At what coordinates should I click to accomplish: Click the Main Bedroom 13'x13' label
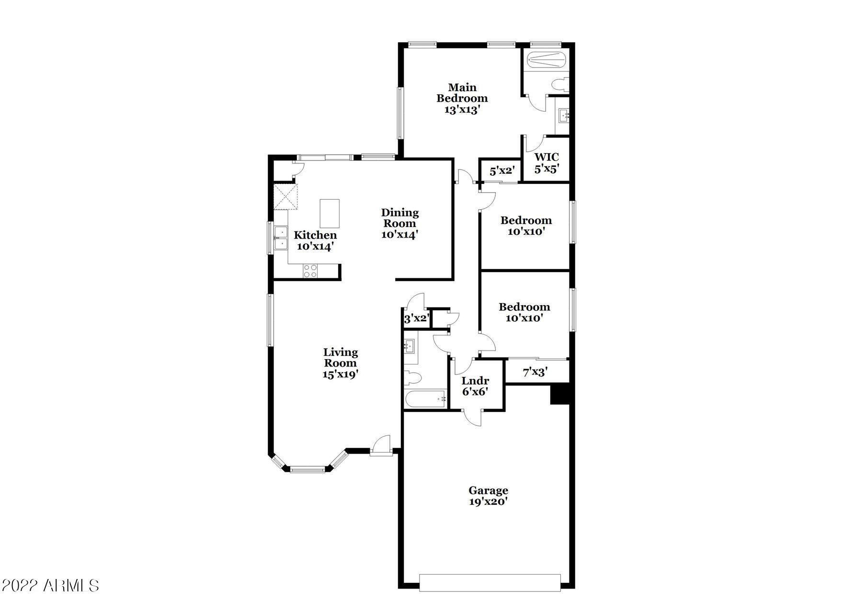pos(462,98)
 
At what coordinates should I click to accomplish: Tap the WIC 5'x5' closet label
pos(547,163)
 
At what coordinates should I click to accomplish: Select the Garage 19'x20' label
pos(489,496)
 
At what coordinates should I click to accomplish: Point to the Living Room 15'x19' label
pos(341,363)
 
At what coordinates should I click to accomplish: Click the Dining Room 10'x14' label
pos(400,223)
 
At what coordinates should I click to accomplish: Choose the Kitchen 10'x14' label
pos(315,241)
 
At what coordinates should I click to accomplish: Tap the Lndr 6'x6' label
pos(475,386)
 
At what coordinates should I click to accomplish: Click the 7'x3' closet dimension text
pos(535,372)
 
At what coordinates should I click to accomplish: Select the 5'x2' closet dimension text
pos(502,170)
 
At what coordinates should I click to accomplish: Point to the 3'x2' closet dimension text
pos(416,319)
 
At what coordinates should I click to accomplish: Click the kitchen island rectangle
pos(330,214)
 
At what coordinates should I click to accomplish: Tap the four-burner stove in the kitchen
pos(310,271)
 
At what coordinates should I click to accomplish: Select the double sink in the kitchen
pos(281,238)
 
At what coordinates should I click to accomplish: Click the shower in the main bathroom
pos(546,60)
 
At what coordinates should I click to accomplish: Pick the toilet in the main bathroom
pos(559,85)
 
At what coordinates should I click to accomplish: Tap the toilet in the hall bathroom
pos(412,378)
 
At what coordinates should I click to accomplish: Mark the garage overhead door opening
pos(490,582)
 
